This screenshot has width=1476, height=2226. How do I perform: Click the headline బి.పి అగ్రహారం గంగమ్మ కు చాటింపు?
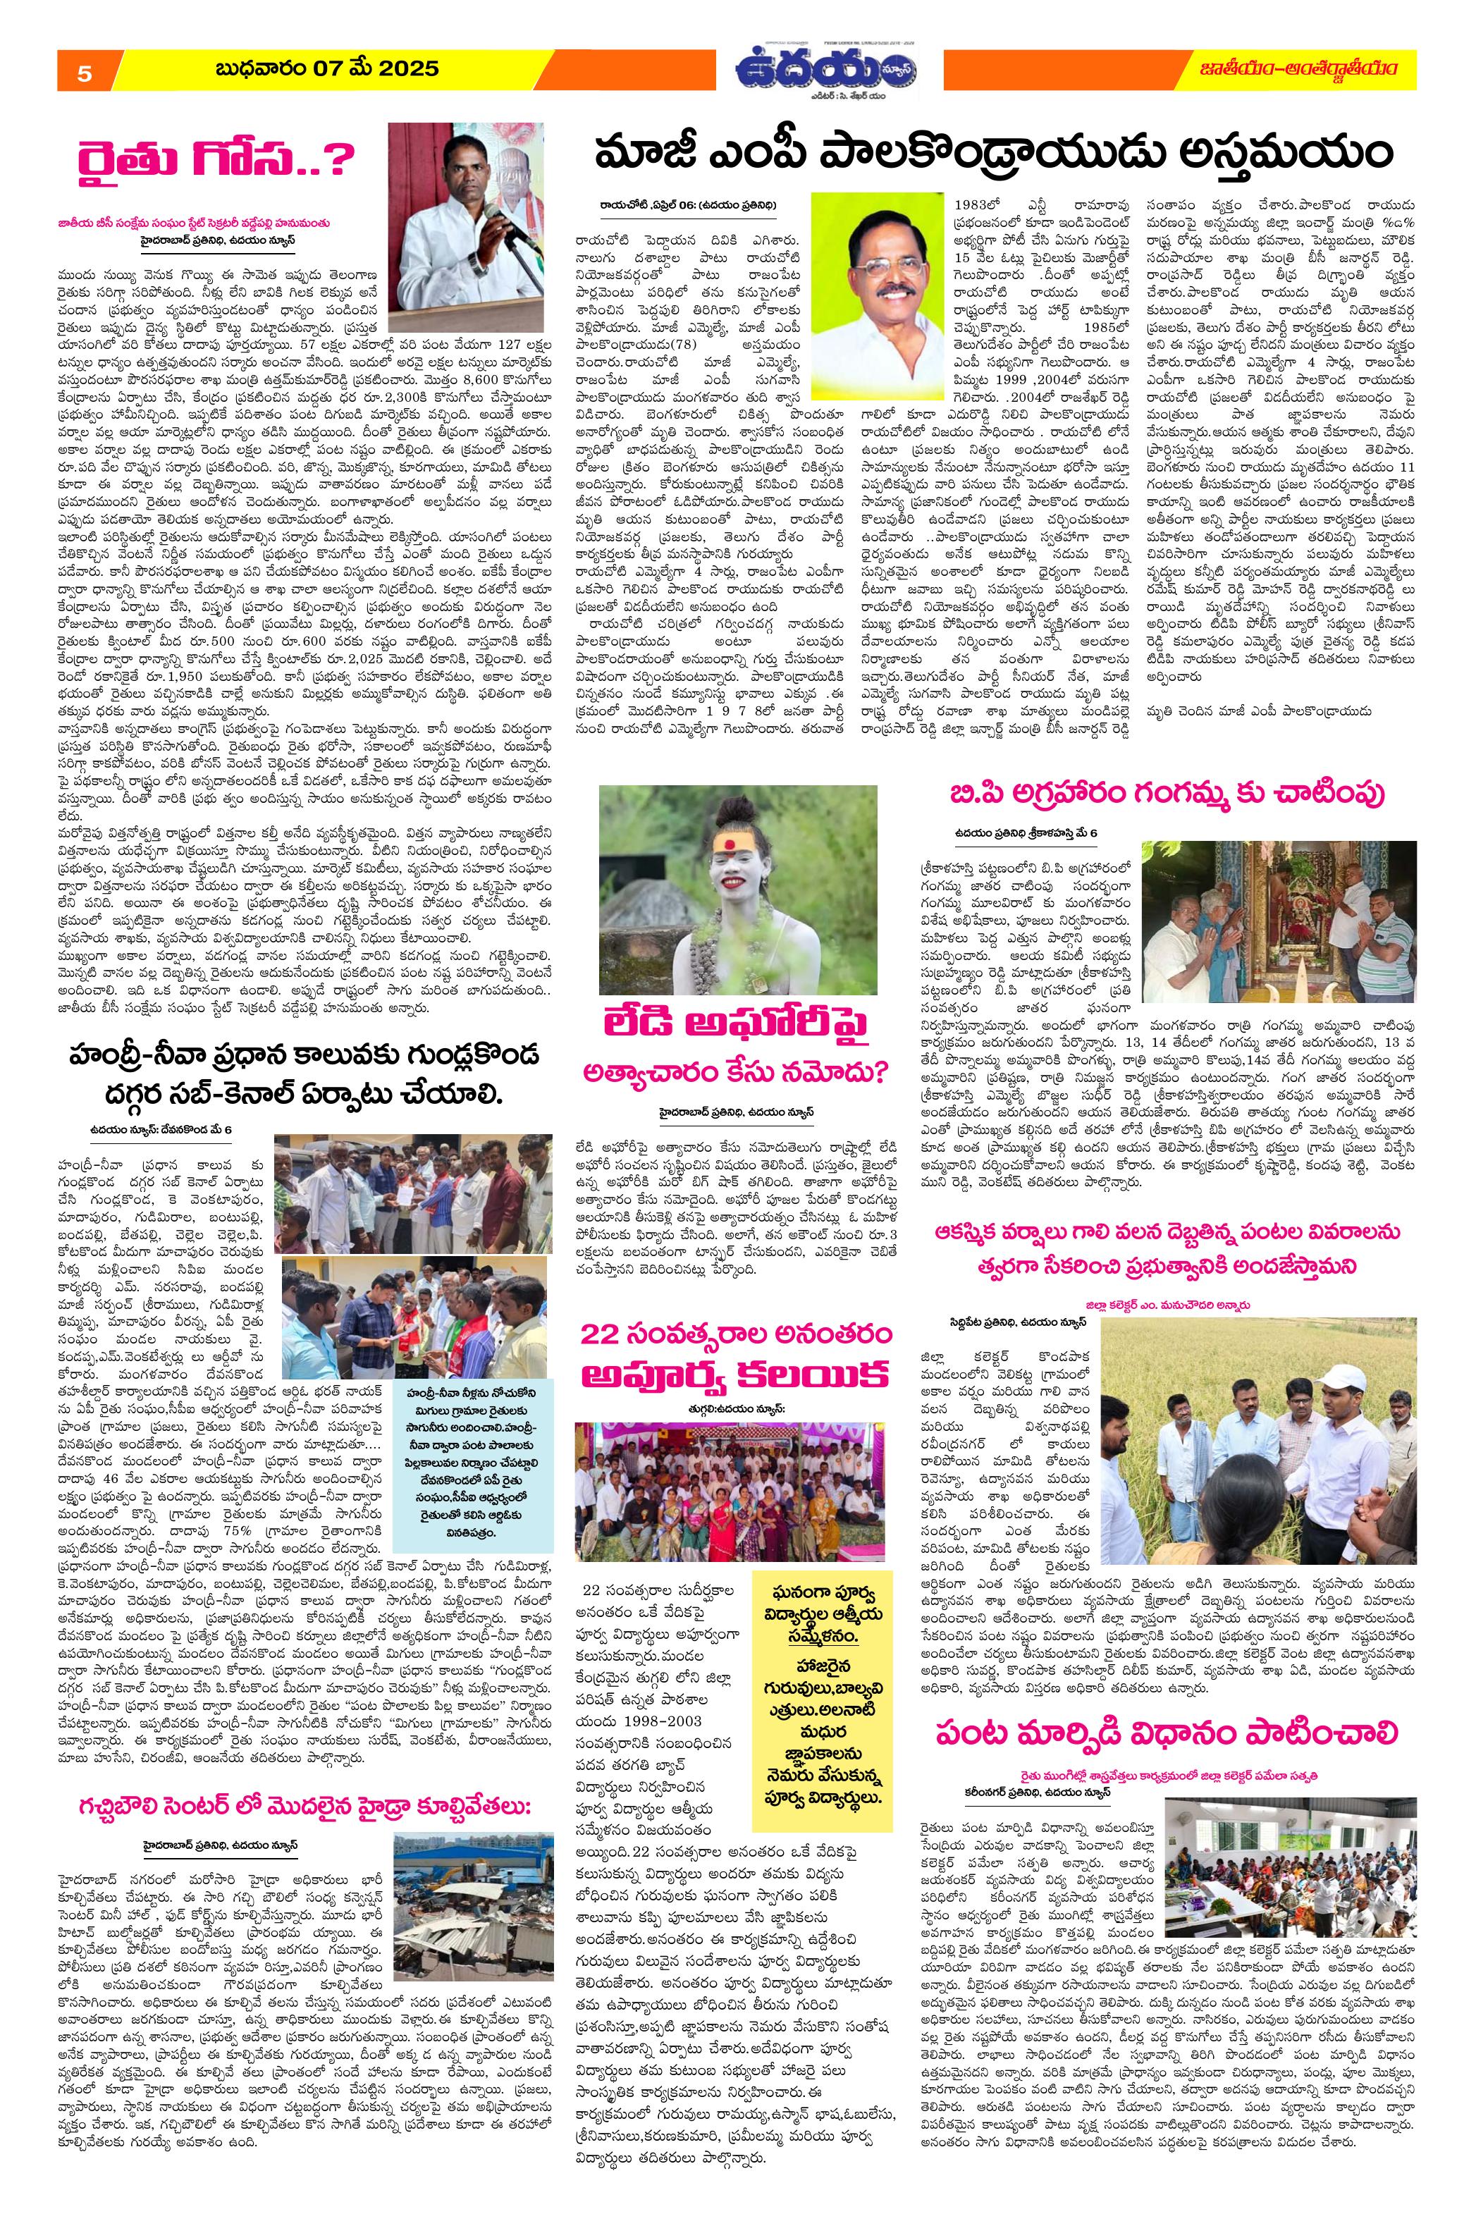(1165, 794)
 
